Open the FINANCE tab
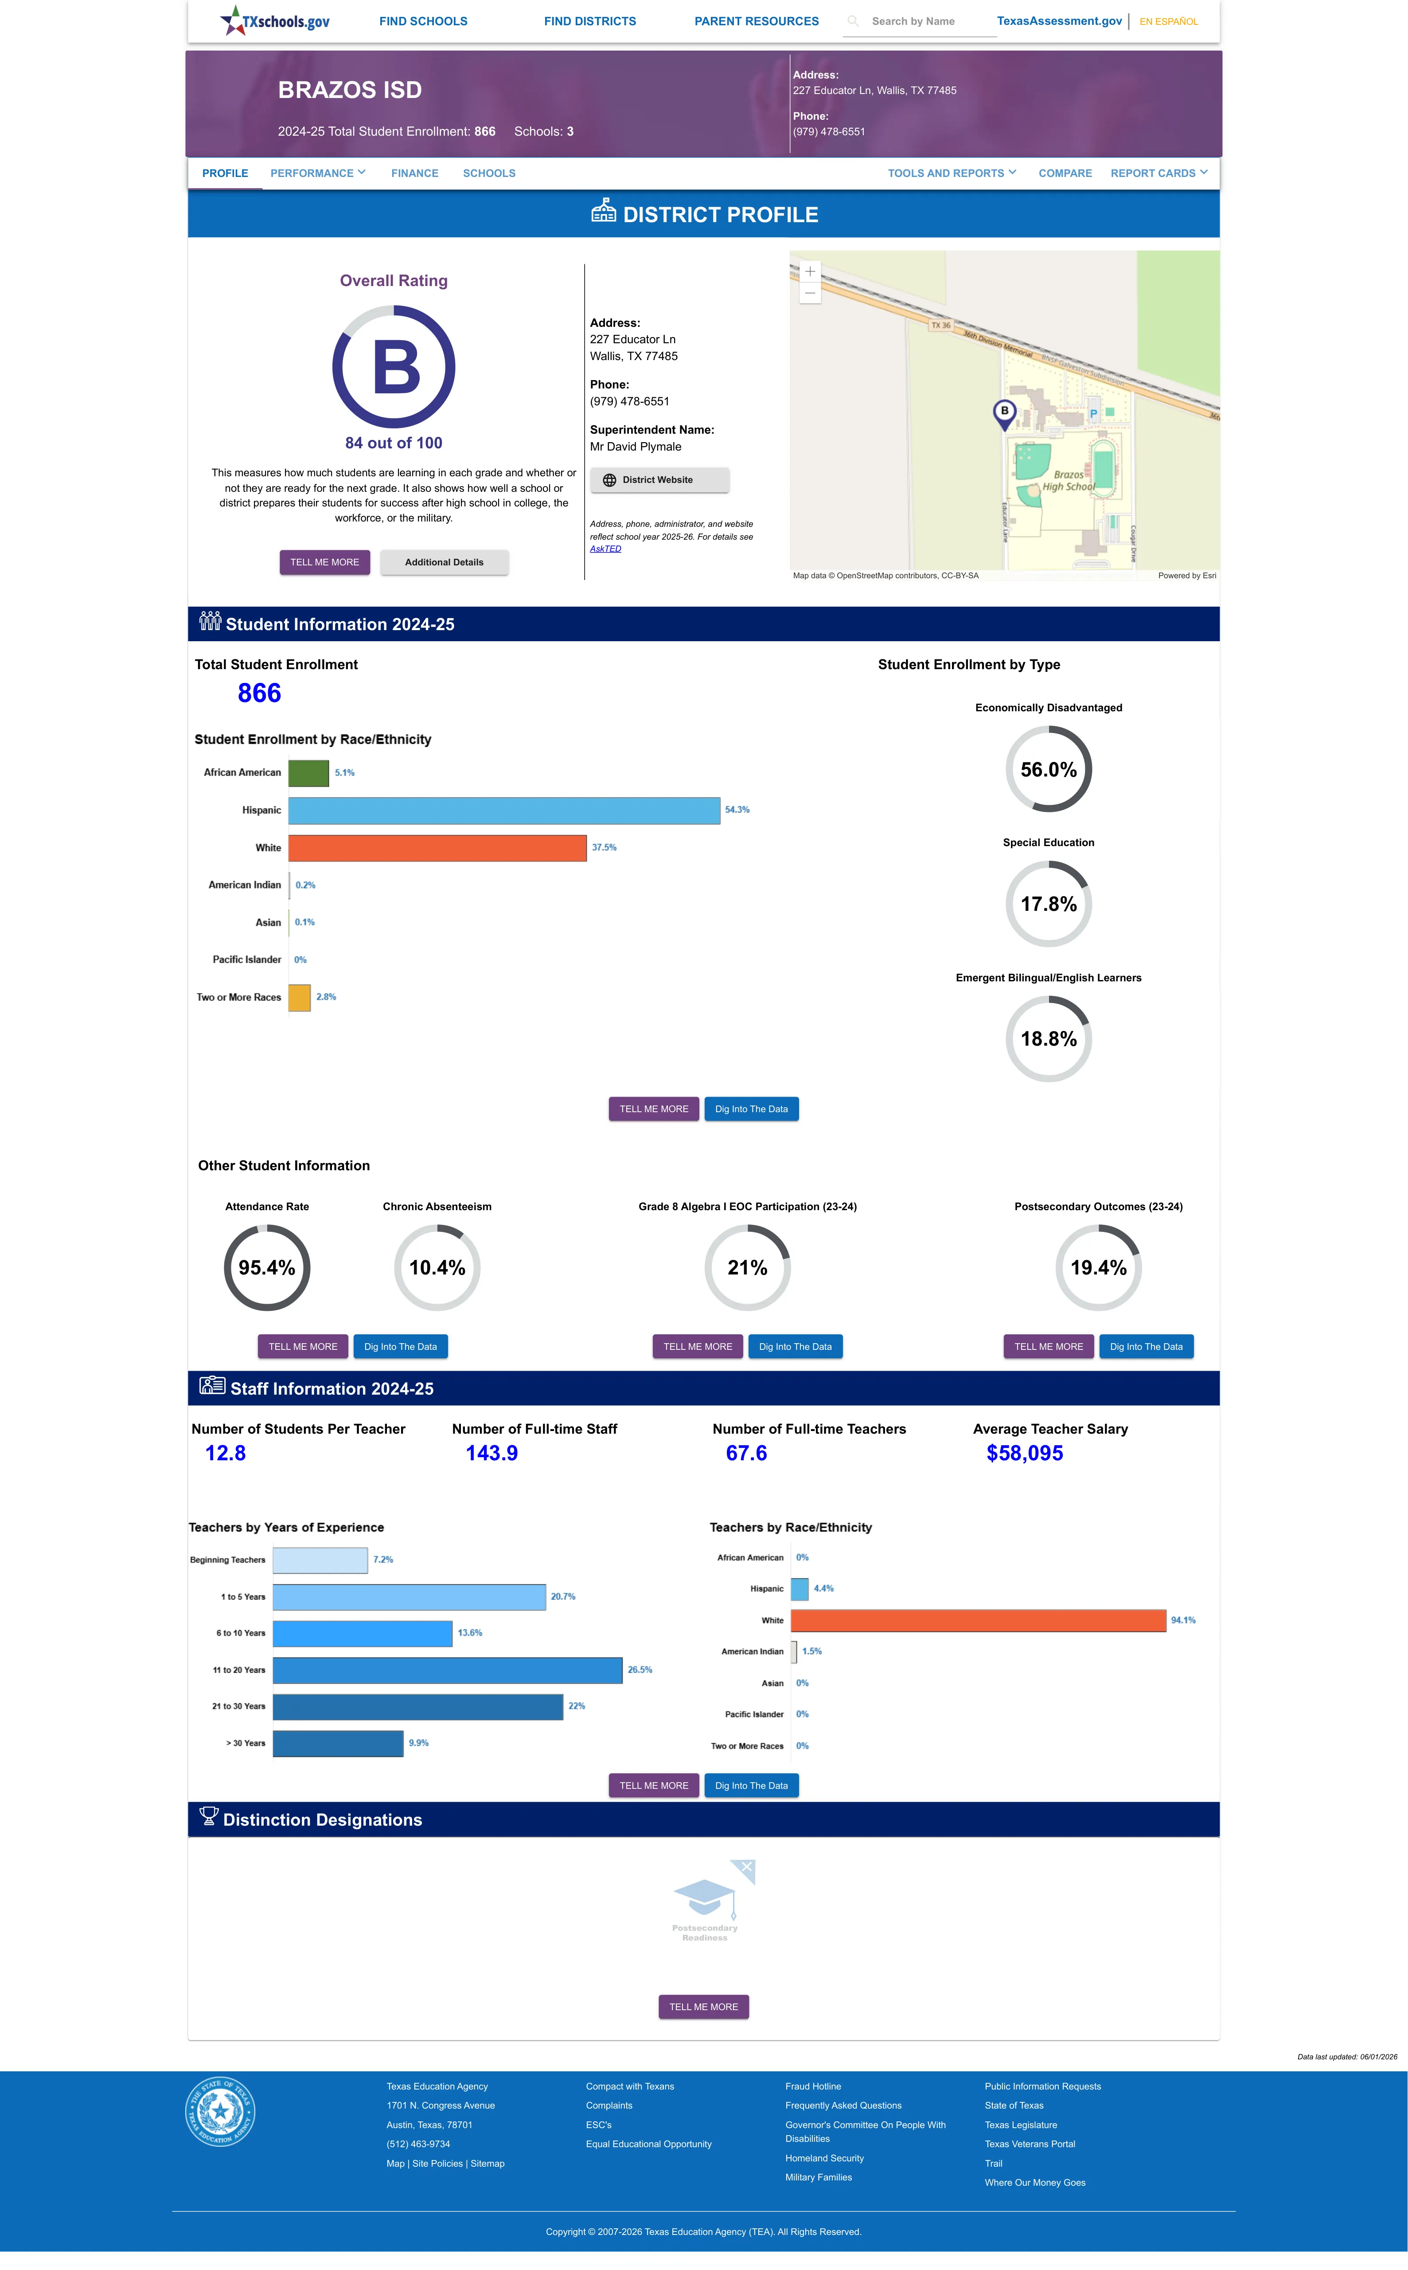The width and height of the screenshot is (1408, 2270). (x=414, y=173)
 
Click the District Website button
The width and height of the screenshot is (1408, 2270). (x=659, y=480)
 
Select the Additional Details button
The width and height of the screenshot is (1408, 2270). (x=444, y=563)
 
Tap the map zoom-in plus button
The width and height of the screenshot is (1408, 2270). (x=810, y=271)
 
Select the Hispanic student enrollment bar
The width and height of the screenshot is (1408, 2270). (x=504, y=810)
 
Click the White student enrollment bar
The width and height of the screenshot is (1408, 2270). (x=438, y=847)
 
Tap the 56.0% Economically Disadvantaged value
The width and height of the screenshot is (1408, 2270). (x=1049, y=769)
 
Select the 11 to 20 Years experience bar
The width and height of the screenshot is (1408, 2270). (x=447, y=1670)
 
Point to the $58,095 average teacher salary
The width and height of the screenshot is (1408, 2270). (x=1024, y=1453)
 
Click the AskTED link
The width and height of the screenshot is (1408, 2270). (x=605, y=549)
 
